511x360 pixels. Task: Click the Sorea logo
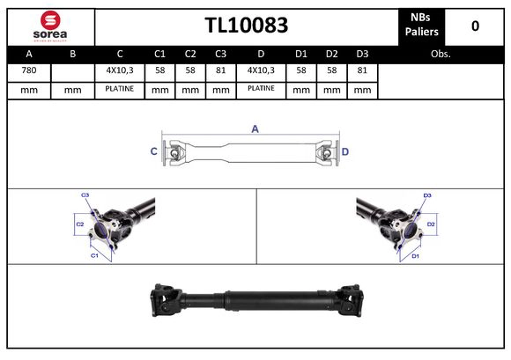click(50, 26)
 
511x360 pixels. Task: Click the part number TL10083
click(246, 26)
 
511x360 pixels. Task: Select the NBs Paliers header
click(422, 25)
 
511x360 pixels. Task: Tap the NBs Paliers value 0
click(475, 26)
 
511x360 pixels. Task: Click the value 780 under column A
click(28, 70)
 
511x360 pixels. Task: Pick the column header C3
click(220, 54)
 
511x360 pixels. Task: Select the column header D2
click(331, 54)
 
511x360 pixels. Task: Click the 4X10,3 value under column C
click(118, 70)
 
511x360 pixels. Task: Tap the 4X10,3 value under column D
click(261, 70)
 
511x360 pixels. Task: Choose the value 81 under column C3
click(220, 70)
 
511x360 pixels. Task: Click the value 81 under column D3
click(361, 70)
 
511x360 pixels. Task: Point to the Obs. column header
click(441, 54)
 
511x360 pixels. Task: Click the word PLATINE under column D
click(261, 89)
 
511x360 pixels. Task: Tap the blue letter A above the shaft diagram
click(255, 129)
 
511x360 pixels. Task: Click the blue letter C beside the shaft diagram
click(153, 152)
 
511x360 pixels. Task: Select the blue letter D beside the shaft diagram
click(345, 152)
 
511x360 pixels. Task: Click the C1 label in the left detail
click(94, 255)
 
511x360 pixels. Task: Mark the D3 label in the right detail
click(426, 195)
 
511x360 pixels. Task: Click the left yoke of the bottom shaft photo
click(166, 299)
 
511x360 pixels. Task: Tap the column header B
click(73, 54)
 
